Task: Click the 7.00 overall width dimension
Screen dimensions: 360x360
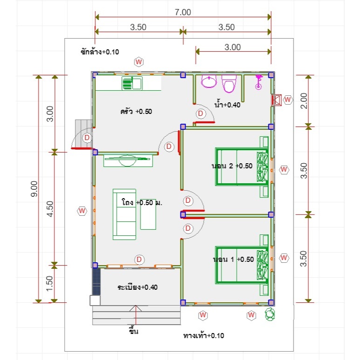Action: click(x=183, y=12)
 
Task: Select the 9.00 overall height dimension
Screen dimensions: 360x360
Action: click(x=34, y=189)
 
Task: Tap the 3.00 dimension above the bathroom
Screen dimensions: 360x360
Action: click(x=233, y=47)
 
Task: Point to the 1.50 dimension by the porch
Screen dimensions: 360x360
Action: click(x=50, y=284)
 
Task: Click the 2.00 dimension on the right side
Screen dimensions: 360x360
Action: click(x=304, y=101)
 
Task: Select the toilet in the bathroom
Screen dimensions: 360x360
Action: click(x=229, y=84)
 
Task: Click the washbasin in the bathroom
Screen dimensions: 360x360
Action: click(x=209, y=81)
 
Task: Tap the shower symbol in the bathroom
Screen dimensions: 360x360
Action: click(x=259, y=82)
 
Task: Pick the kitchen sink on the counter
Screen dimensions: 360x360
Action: click(x=132, y=83)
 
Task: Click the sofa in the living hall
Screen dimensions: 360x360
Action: click(x=124, y=214)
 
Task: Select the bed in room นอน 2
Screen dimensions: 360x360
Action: click(x=242, y=167)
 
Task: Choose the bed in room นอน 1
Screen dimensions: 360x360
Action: click(x=242, y=265)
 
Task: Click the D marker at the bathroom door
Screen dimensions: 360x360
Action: click(x=200, y=113)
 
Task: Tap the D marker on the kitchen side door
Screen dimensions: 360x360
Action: click(x=87, y=138)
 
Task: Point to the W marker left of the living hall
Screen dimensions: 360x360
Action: click(x=82, y=211)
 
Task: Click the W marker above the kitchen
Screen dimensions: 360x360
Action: click(x=139, y=62)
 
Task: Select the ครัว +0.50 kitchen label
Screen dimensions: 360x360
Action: click(x=136, y=112)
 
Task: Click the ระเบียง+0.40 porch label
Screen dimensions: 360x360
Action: click(x=138, y=287)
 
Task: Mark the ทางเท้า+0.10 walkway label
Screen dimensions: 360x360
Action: click(x=204, y=336)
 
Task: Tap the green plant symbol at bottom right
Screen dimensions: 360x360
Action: click(x=270, y=314)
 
